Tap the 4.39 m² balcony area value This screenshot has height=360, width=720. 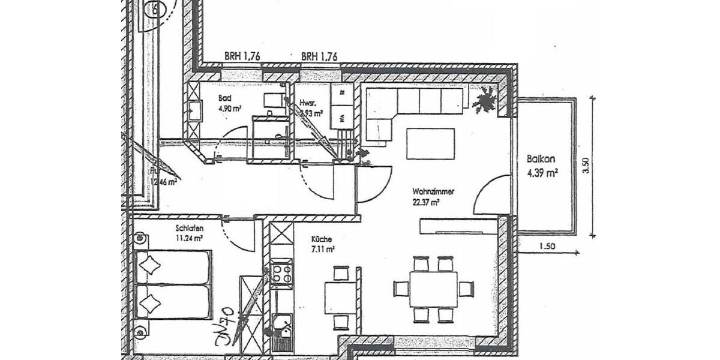pyautogui.click(x=543, y=174)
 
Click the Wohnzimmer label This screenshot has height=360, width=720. pyautogui.click(x=433, y=192)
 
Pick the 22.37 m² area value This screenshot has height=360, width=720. pyautogui.click(x=426, y=203)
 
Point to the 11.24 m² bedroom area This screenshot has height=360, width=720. pyautogui.click(x=189, y=238)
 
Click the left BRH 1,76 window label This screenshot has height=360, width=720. pyautogui.click(x=242, y=56)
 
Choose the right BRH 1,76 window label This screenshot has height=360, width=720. pyautogui.click(x=319, y=56)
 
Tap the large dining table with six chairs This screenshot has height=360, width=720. pyautogui.click(x=433, y=289)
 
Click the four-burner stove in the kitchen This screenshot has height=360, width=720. pyautogui.click(x=281, y=275)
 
